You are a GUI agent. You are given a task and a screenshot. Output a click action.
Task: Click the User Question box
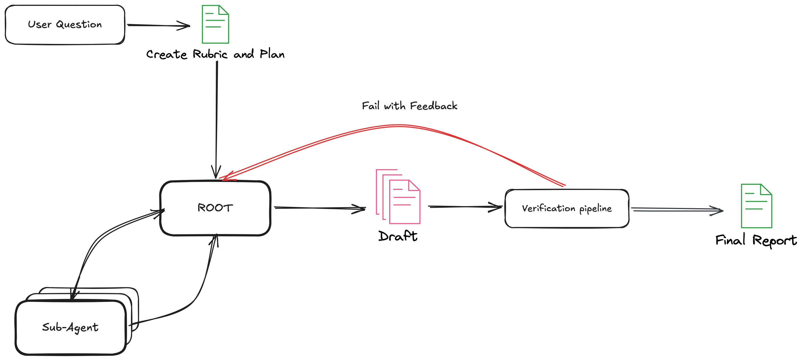65,24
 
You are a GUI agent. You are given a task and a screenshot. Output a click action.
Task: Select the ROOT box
215,208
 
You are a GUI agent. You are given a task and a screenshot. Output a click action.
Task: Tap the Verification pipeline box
567,208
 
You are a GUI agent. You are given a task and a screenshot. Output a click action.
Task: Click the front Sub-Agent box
71,327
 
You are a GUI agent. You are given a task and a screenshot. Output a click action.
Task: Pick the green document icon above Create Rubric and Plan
215,24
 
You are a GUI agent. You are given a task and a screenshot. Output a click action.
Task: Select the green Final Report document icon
756,206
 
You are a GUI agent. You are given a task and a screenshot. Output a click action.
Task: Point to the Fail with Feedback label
409,106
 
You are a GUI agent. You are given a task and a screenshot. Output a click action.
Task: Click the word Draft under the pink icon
398,236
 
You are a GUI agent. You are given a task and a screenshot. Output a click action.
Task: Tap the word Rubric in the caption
210,54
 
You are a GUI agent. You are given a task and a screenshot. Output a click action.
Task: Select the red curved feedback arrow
399,126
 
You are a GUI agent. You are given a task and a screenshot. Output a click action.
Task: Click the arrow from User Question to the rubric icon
158,25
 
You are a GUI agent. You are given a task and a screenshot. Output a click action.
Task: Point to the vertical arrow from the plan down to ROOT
217,118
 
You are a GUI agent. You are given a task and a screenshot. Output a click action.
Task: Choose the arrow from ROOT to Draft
320,208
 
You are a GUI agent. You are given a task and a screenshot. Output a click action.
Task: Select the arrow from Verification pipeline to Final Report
676,210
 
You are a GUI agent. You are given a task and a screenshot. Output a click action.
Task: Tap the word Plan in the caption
272,54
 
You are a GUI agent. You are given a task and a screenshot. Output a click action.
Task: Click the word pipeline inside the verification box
596,208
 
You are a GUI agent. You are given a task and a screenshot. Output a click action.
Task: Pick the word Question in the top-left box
79,24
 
